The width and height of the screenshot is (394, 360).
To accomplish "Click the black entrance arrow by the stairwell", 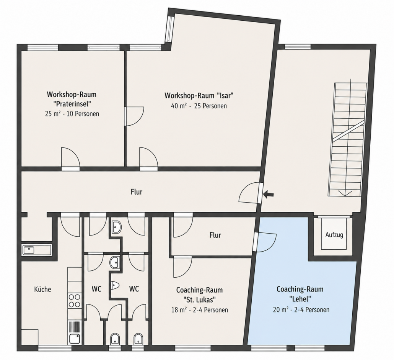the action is [269, 194].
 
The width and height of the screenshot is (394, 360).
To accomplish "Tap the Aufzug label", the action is [334, 235].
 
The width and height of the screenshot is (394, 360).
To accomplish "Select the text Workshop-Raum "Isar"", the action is [199, 96].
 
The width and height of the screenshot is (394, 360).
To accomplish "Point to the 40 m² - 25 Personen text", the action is [199, 106].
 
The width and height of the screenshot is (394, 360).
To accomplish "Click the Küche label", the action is [42, 289].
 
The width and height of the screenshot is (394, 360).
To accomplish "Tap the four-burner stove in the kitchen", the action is [74, 301].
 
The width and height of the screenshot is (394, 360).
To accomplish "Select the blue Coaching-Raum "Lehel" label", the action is [300, 294].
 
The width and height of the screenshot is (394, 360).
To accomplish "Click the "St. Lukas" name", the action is [199, 299].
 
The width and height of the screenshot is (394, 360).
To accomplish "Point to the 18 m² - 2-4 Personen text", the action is [200, 310].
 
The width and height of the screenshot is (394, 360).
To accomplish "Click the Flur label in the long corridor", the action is [137, 192].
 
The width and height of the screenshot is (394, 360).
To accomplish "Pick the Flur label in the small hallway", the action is [215, 235].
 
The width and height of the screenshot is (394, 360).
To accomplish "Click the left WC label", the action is [96, 289].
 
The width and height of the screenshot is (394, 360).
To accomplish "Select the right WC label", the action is [134, 289].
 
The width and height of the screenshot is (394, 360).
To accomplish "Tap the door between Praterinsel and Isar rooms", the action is [135, 116].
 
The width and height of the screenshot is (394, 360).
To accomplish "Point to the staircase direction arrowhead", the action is [345, 193].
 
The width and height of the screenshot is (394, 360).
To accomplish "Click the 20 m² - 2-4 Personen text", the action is [301, 310].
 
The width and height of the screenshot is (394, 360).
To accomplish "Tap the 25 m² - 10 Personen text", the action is [72, 114].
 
